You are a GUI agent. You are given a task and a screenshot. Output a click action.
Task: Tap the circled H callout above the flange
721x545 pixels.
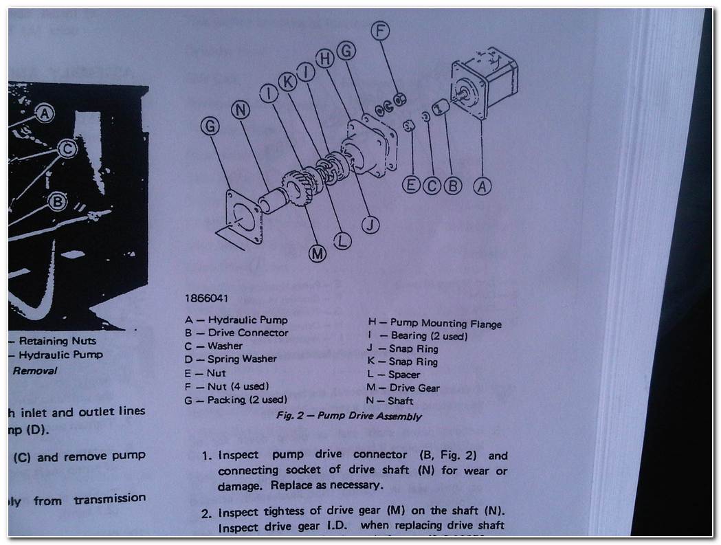click(x=325, y=60)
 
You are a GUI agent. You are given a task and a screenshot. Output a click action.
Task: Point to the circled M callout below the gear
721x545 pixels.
click(x=317, y=254)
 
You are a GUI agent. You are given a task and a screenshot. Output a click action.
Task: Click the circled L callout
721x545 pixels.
click(x=342, y=241)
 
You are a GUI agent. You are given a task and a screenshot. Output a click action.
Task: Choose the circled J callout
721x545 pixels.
click(x=370, y=224)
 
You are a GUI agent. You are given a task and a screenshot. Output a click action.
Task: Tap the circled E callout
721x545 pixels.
click(x=411, y=185)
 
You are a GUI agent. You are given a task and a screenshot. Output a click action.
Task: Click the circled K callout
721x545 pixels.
click(x=287, y=82)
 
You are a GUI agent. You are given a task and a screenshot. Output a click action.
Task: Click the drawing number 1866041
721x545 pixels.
click(x=206, y=299)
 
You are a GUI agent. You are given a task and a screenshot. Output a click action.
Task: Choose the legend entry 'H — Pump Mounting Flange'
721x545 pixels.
click(x=435, y=323)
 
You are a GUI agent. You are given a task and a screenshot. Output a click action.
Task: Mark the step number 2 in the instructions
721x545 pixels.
click(x=206, y=513)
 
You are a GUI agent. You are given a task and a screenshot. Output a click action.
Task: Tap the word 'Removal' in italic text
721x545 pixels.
click(x=35, y=370)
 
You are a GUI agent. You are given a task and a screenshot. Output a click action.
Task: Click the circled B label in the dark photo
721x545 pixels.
click(x=58, y=201)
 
